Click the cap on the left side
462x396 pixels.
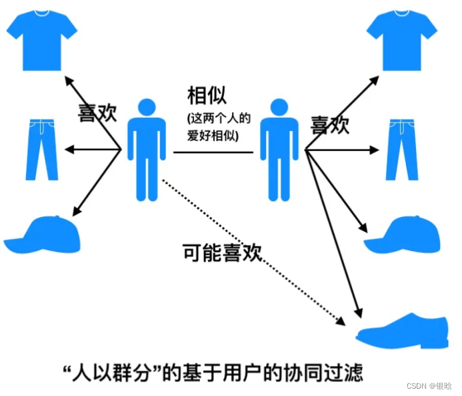pos(43,233)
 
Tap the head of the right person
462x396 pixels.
pos(279,108)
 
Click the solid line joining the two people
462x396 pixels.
pos(213,152)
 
